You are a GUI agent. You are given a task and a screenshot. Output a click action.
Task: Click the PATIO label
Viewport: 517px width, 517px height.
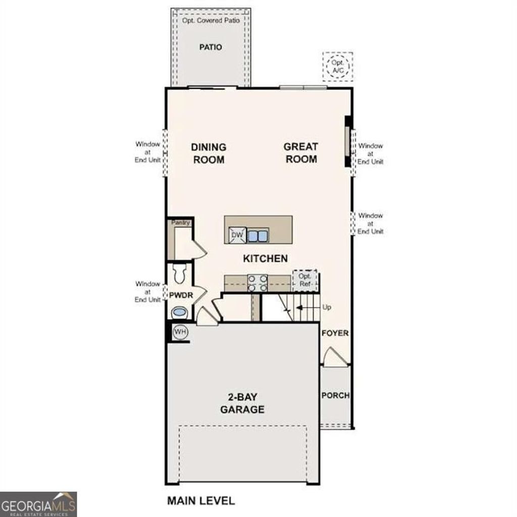coord(210,47)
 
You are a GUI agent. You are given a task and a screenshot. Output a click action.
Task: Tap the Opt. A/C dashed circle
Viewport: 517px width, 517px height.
coord(337,67)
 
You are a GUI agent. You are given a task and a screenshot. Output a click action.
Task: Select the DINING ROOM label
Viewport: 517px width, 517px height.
coord(208,153)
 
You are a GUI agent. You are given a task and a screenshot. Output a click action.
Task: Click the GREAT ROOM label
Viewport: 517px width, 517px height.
coord(300,153)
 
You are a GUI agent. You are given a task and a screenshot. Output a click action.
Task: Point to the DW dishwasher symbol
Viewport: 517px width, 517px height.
coord(237,235)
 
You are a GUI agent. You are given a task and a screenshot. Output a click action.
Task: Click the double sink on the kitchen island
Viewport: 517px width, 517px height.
coord(257,235)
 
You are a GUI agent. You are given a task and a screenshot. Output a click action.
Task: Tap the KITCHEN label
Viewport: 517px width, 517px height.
coord(265,258)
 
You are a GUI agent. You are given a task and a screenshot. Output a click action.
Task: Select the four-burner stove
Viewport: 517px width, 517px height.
coord(257,283)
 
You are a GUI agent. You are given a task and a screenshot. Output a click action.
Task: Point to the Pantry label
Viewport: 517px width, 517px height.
coord(180,222)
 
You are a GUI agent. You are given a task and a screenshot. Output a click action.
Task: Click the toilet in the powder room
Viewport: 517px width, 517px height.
coord(179,274)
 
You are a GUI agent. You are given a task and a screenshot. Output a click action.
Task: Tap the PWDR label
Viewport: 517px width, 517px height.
coord(181,295)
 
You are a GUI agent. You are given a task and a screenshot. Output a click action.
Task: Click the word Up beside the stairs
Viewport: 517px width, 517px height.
coord(327,307)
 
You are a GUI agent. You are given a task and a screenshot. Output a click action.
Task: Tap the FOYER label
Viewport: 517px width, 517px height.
coord(335,333)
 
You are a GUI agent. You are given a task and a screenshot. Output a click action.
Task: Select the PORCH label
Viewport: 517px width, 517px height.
coord(335,395)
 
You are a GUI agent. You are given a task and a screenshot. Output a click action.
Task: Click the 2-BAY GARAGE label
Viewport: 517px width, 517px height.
coord(242,403)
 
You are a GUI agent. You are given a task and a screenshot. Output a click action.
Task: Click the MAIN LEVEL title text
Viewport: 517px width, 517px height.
coord(201,501)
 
